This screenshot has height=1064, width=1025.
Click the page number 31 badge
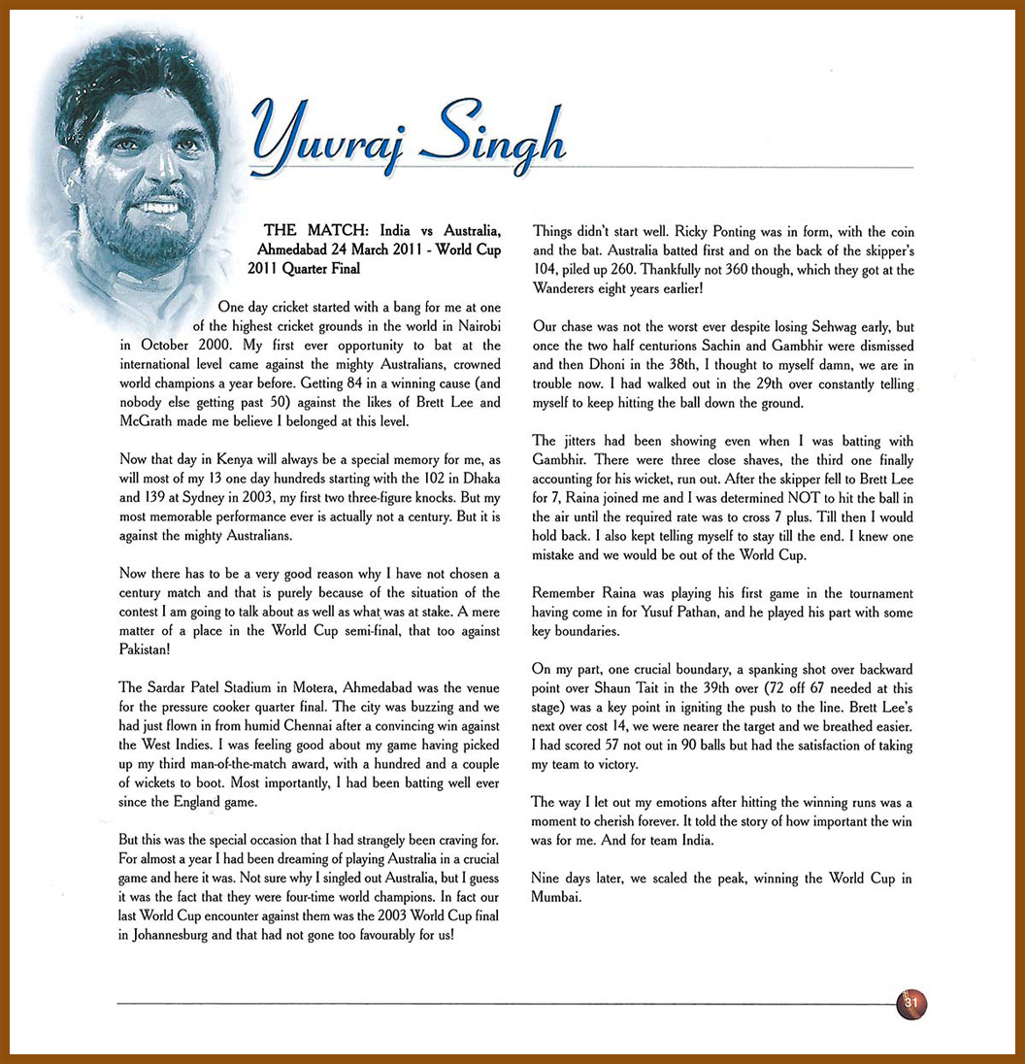pos(911,1003)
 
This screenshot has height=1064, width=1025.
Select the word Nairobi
pos(476,326)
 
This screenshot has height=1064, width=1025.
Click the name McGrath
pos(149,421)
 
